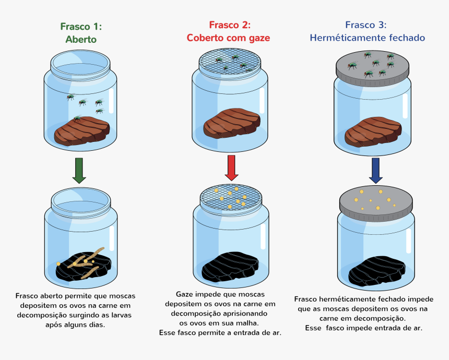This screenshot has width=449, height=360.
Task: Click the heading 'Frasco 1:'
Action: click(81, 27)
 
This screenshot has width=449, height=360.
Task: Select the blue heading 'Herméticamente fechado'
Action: click(367, 38)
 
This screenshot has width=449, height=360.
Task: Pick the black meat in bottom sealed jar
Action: click(375, 269)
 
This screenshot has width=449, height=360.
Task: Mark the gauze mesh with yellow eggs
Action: click(231, 197)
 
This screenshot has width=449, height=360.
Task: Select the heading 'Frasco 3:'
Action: click(366, 25)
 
